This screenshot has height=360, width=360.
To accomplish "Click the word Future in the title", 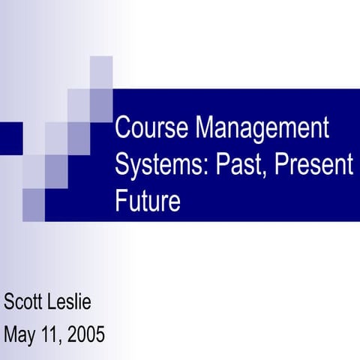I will (148, 201).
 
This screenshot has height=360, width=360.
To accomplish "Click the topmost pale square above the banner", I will (101, 72).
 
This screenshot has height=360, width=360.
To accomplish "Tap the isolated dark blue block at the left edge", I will (10, 137).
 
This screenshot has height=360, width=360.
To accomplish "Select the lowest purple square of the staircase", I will (34, 204).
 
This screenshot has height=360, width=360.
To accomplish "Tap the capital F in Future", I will (122, 201).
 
